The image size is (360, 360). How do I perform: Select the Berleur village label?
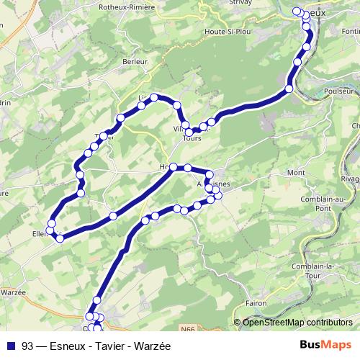click(135, 62)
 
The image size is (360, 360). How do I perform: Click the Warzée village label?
click(13, 292)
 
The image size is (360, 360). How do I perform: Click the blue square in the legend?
click(12, 345)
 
